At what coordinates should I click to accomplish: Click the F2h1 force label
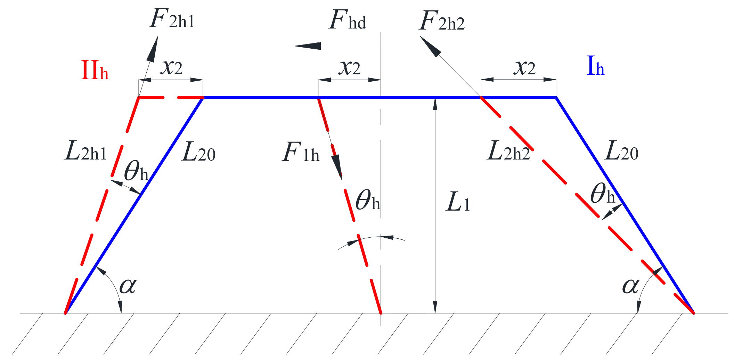[172, 19]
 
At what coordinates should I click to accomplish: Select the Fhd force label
[347, 21]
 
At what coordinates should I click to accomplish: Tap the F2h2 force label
[442, 22]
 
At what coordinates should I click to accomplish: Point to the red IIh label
[94, 71]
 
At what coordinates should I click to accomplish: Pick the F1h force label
[301, 153]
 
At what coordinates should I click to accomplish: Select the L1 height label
[458, 202]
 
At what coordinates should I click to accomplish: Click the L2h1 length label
[85, 152]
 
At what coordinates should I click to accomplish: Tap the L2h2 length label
[508, 152]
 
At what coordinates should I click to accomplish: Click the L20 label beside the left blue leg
[198, 153]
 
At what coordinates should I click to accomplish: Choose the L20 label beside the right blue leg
[621, 152]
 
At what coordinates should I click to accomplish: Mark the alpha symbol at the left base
[128, 286]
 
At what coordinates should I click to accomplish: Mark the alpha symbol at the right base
[630, 286]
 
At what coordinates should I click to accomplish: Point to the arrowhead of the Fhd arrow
[306, 46]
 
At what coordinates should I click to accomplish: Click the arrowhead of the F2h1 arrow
[153, 49]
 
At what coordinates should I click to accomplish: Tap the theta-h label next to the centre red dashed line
[368, 201]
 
